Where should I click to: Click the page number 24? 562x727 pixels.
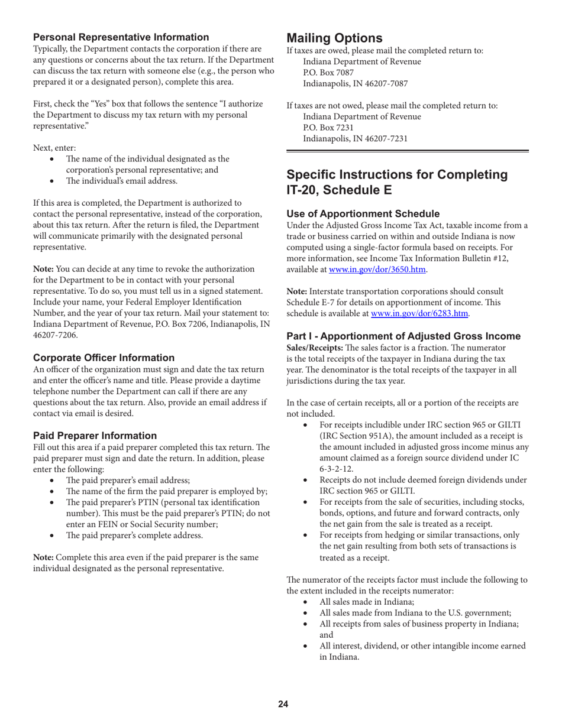click(283, 703)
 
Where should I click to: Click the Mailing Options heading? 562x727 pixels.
click(334, 38)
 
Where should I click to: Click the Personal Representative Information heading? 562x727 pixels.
click(121, 37)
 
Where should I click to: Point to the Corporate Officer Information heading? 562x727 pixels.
click(104, 358)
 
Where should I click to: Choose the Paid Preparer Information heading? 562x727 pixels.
click(95, 436)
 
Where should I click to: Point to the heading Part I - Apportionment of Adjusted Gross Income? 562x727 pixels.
click(403, 336)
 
